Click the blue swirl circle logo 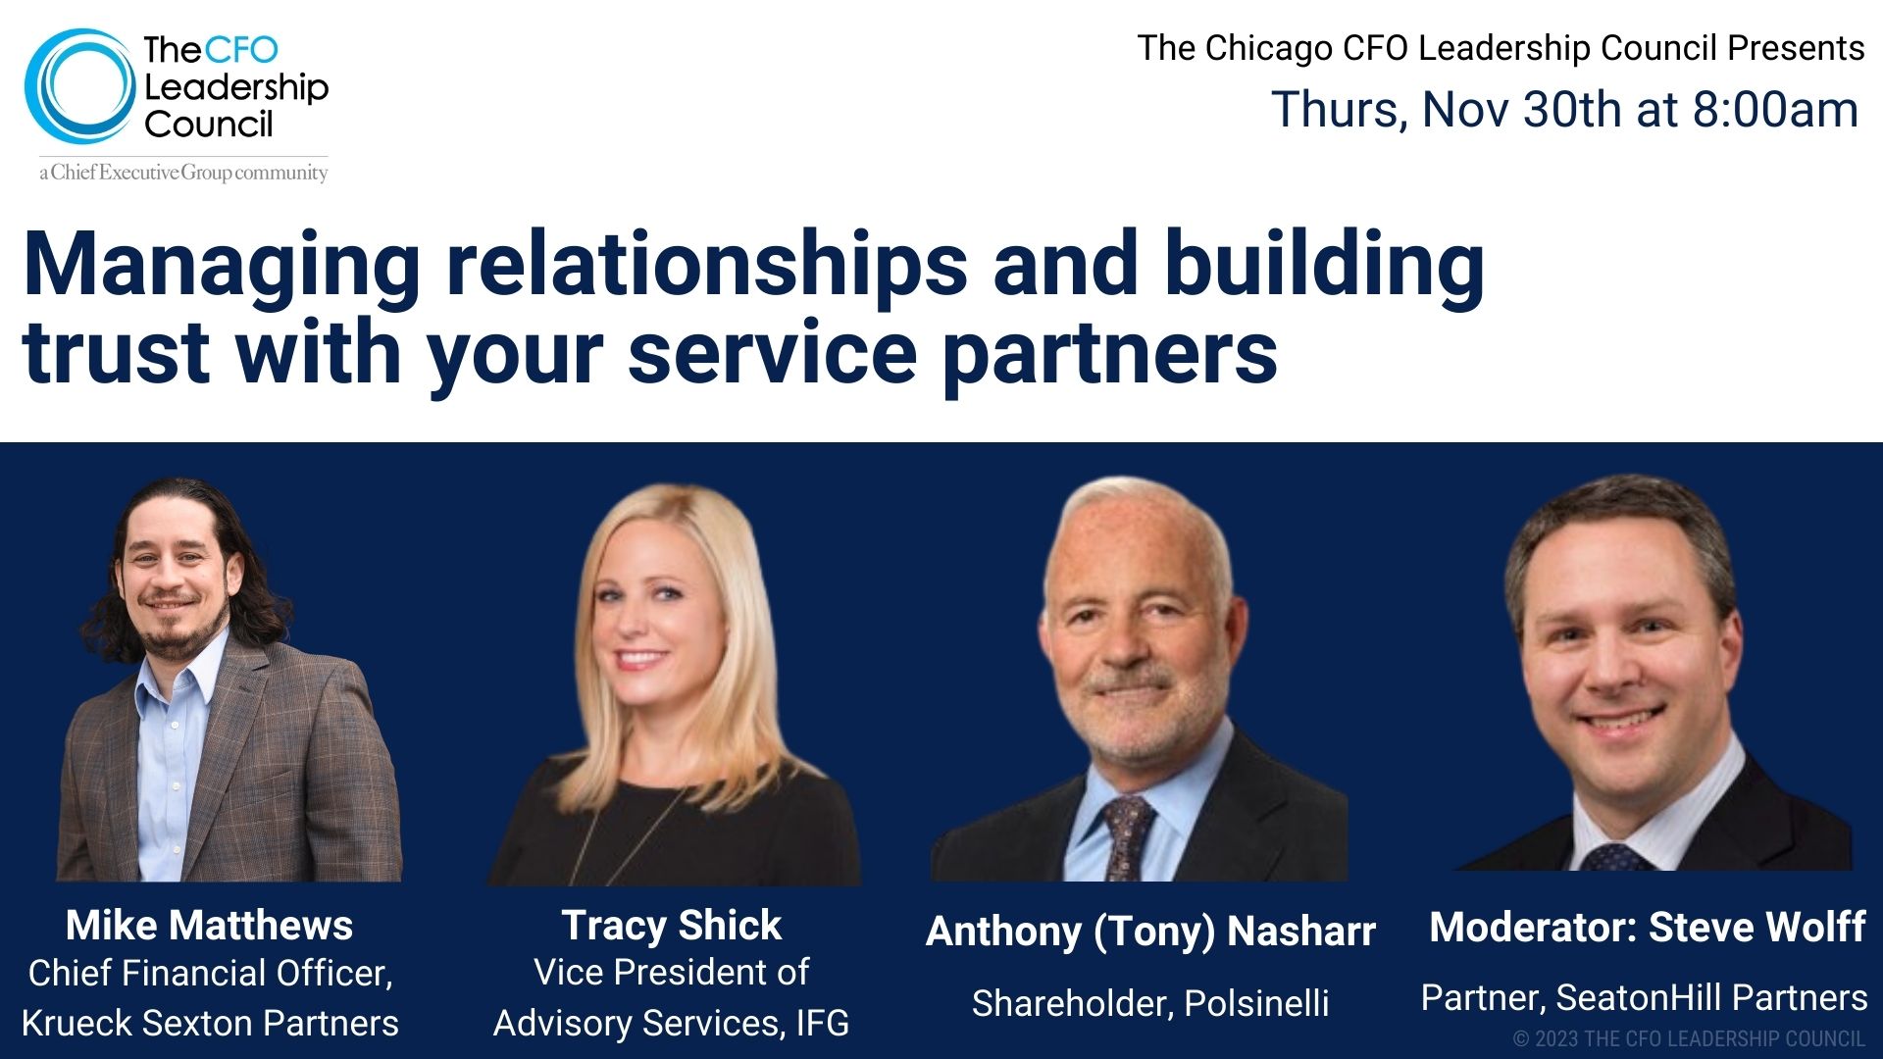(78, 86)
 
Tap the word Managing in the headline (222, 267)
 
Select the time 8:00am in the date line (1775, 110)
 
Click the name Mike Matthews (209, 926)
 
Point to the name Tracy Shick (671, 926)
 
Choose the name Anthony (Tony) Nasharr (1150, 932)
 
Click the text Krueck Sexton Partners (210, 1024)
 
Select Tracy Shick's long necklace (637, 833)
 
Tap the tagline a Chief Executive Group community (183, 174)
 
